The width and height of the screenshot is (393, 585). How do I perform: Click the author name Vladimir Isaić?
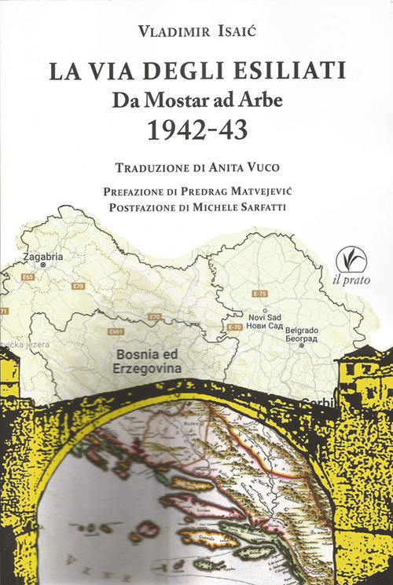click(196, 31)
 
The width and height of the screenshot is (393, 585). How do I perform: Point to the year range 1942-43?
click(196, 130)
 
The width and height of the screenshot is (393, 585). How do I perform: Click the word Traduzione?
click(149, 167)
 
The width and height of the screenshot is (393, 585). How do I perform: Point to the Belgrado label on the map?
click(305, 331)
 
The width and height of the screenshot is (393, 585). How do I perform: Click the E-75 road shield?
click(260, 293)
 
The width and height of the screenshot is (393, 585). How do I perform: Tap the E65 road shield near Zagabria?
click(30, 277)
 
